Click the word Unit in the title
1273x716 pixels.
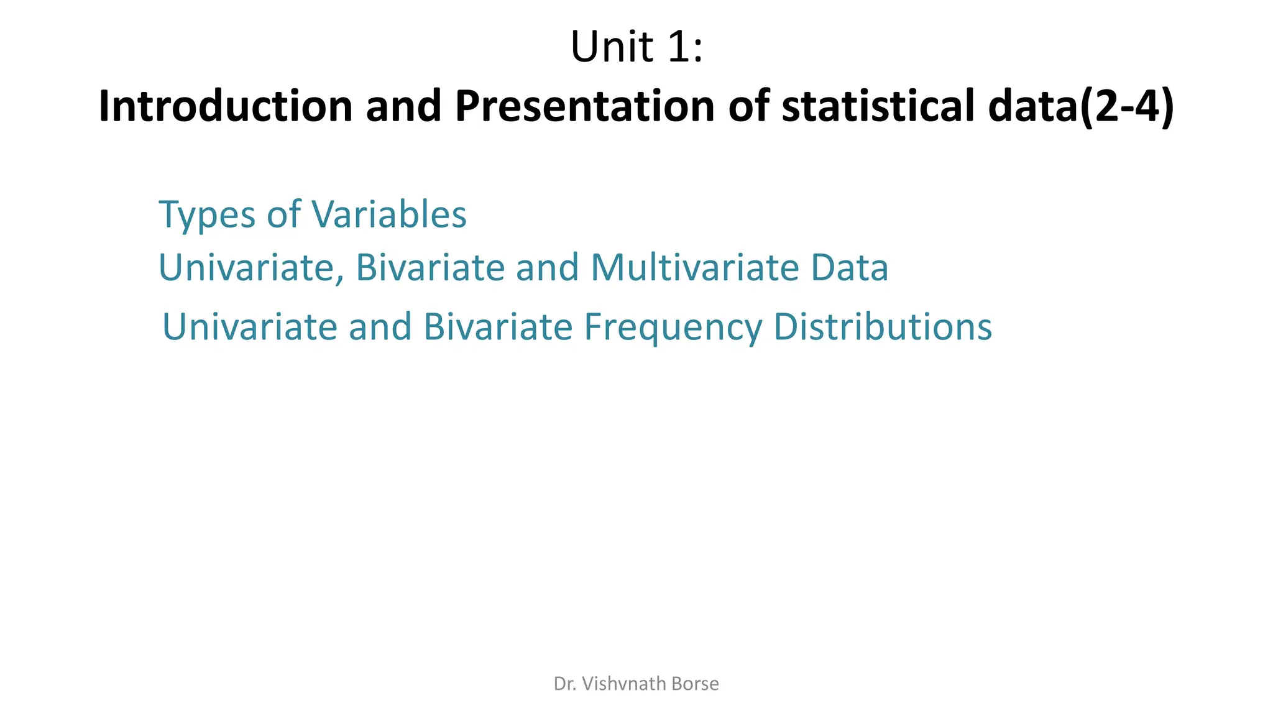tap(612, 47)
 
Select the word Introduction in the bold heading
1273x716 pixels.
tap(226, 106)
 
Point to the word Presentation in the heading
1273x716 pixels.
tap(584, 106)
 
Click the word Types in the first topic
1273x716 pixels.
tap(208, 216)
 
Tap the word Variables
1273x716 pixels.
tap(389, 214)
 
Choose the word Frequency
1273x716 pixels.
tap(673, 328)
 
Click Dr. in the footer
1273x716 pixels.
tap(564, 684)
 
